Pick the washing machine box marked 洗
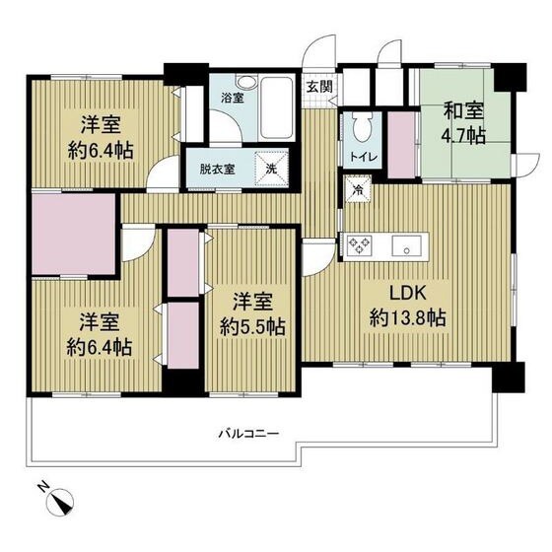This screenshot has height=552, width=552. [271, 168]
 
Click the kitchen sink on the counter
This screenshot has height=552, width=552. [405, 243]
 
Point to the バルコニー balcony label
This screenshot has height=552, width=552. [251, 433]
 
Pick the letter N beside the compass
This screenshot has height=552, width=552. [41, 486]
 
